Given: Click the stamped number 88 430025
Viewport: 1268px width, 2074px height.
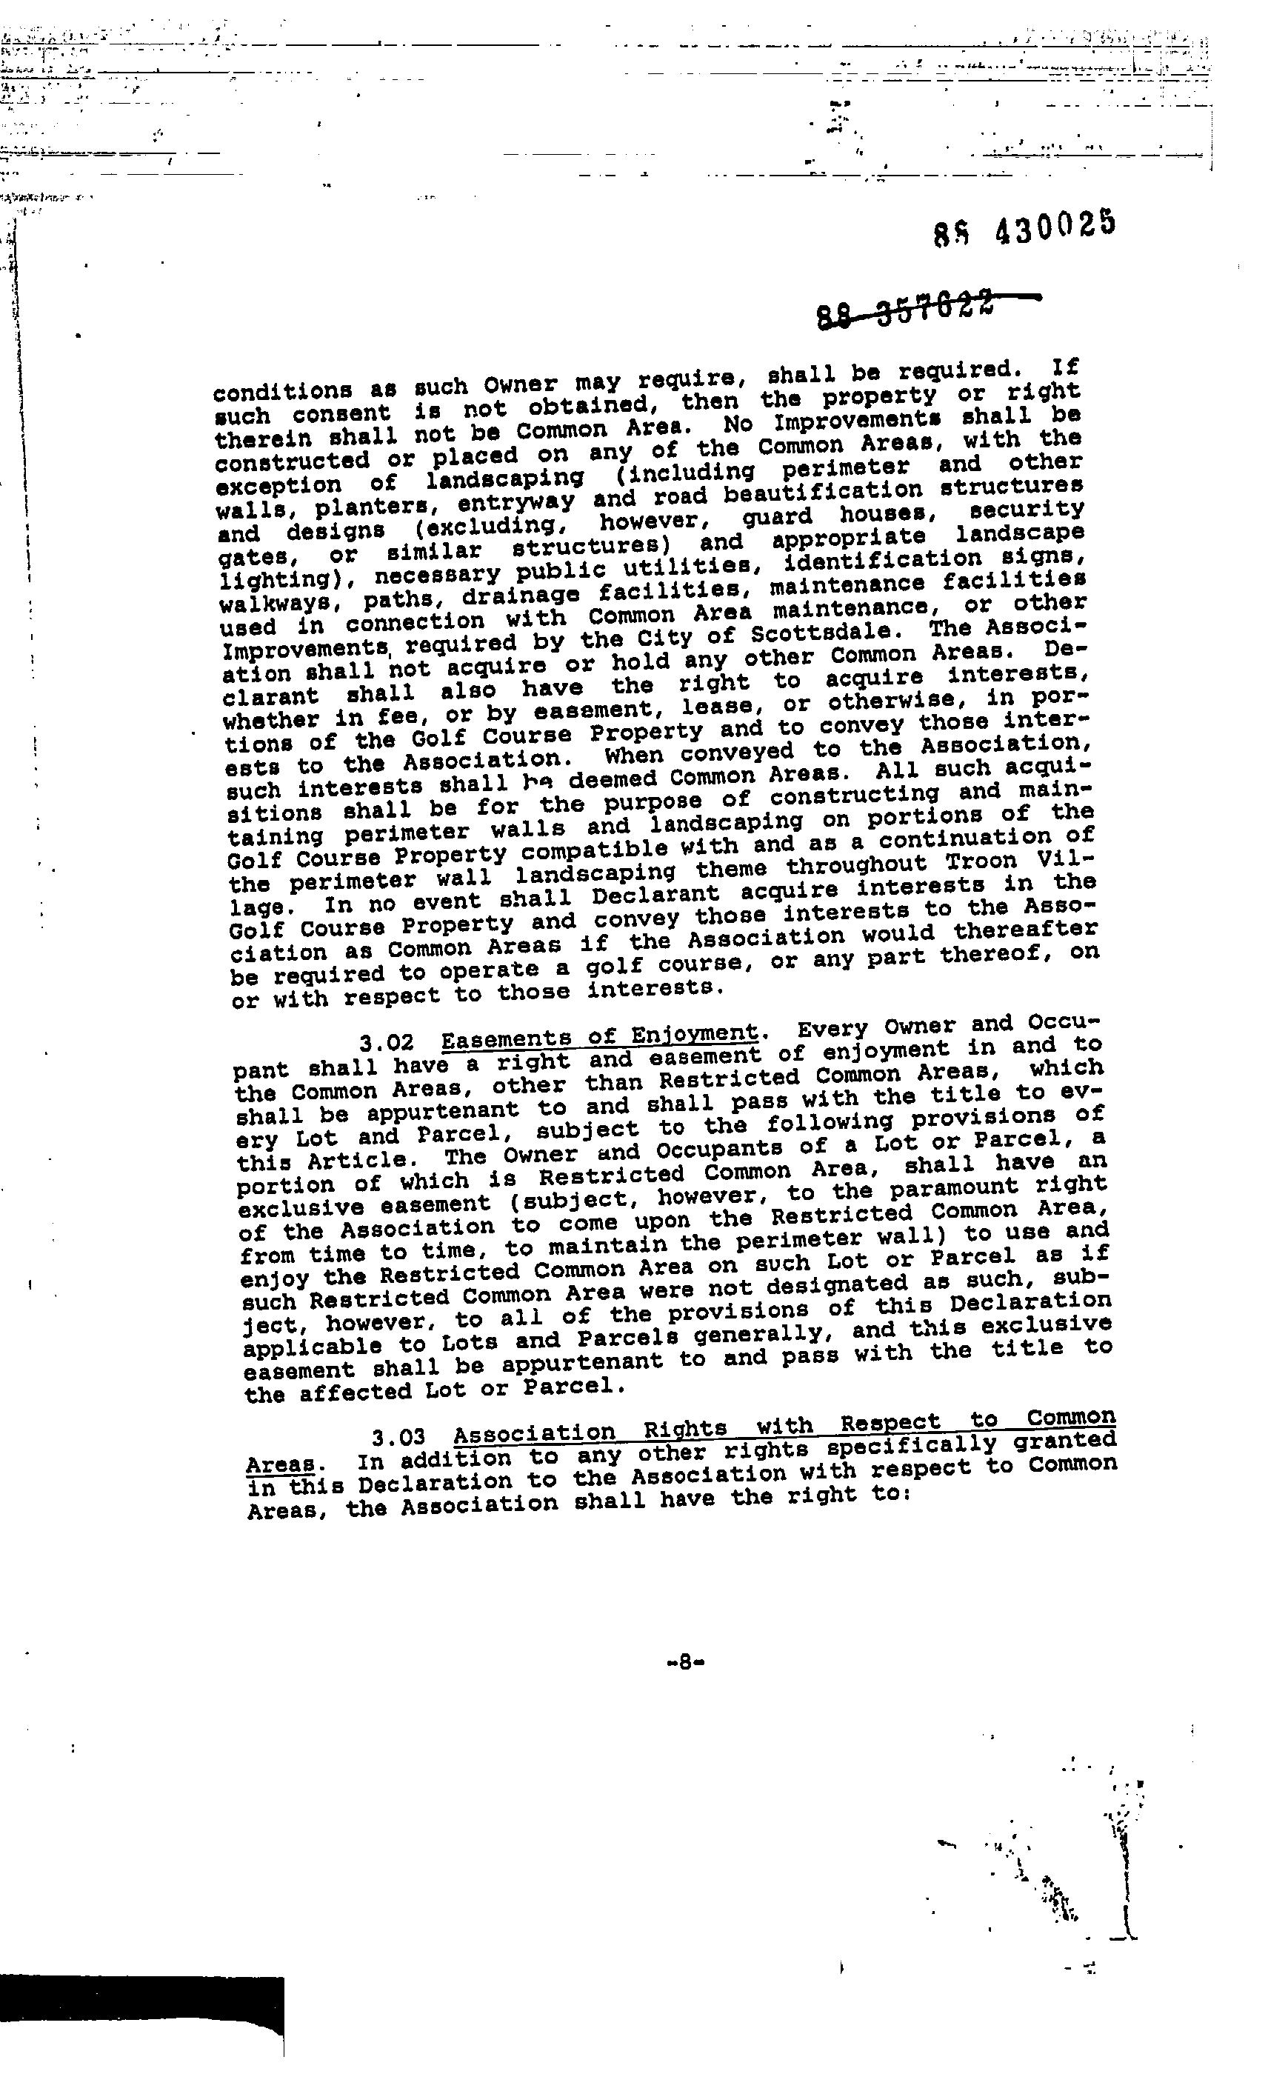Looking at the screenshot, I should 1024,227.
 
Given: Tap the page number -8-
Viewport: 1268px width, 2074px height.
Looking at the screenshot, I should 684,1661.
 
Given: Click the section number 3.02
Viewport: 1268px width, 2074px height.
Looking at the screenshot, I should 386,1043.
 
